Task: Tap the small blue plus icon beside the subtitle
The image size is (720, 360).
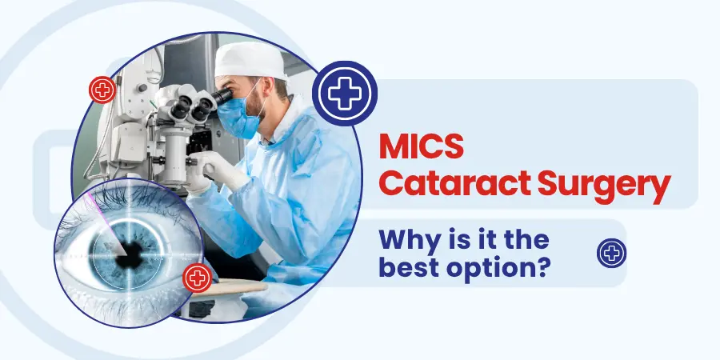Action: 612,254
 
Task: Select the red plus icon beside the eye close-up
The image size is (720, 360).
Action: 197,278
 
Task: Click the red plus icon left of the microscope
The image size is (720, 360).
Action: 102,90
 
